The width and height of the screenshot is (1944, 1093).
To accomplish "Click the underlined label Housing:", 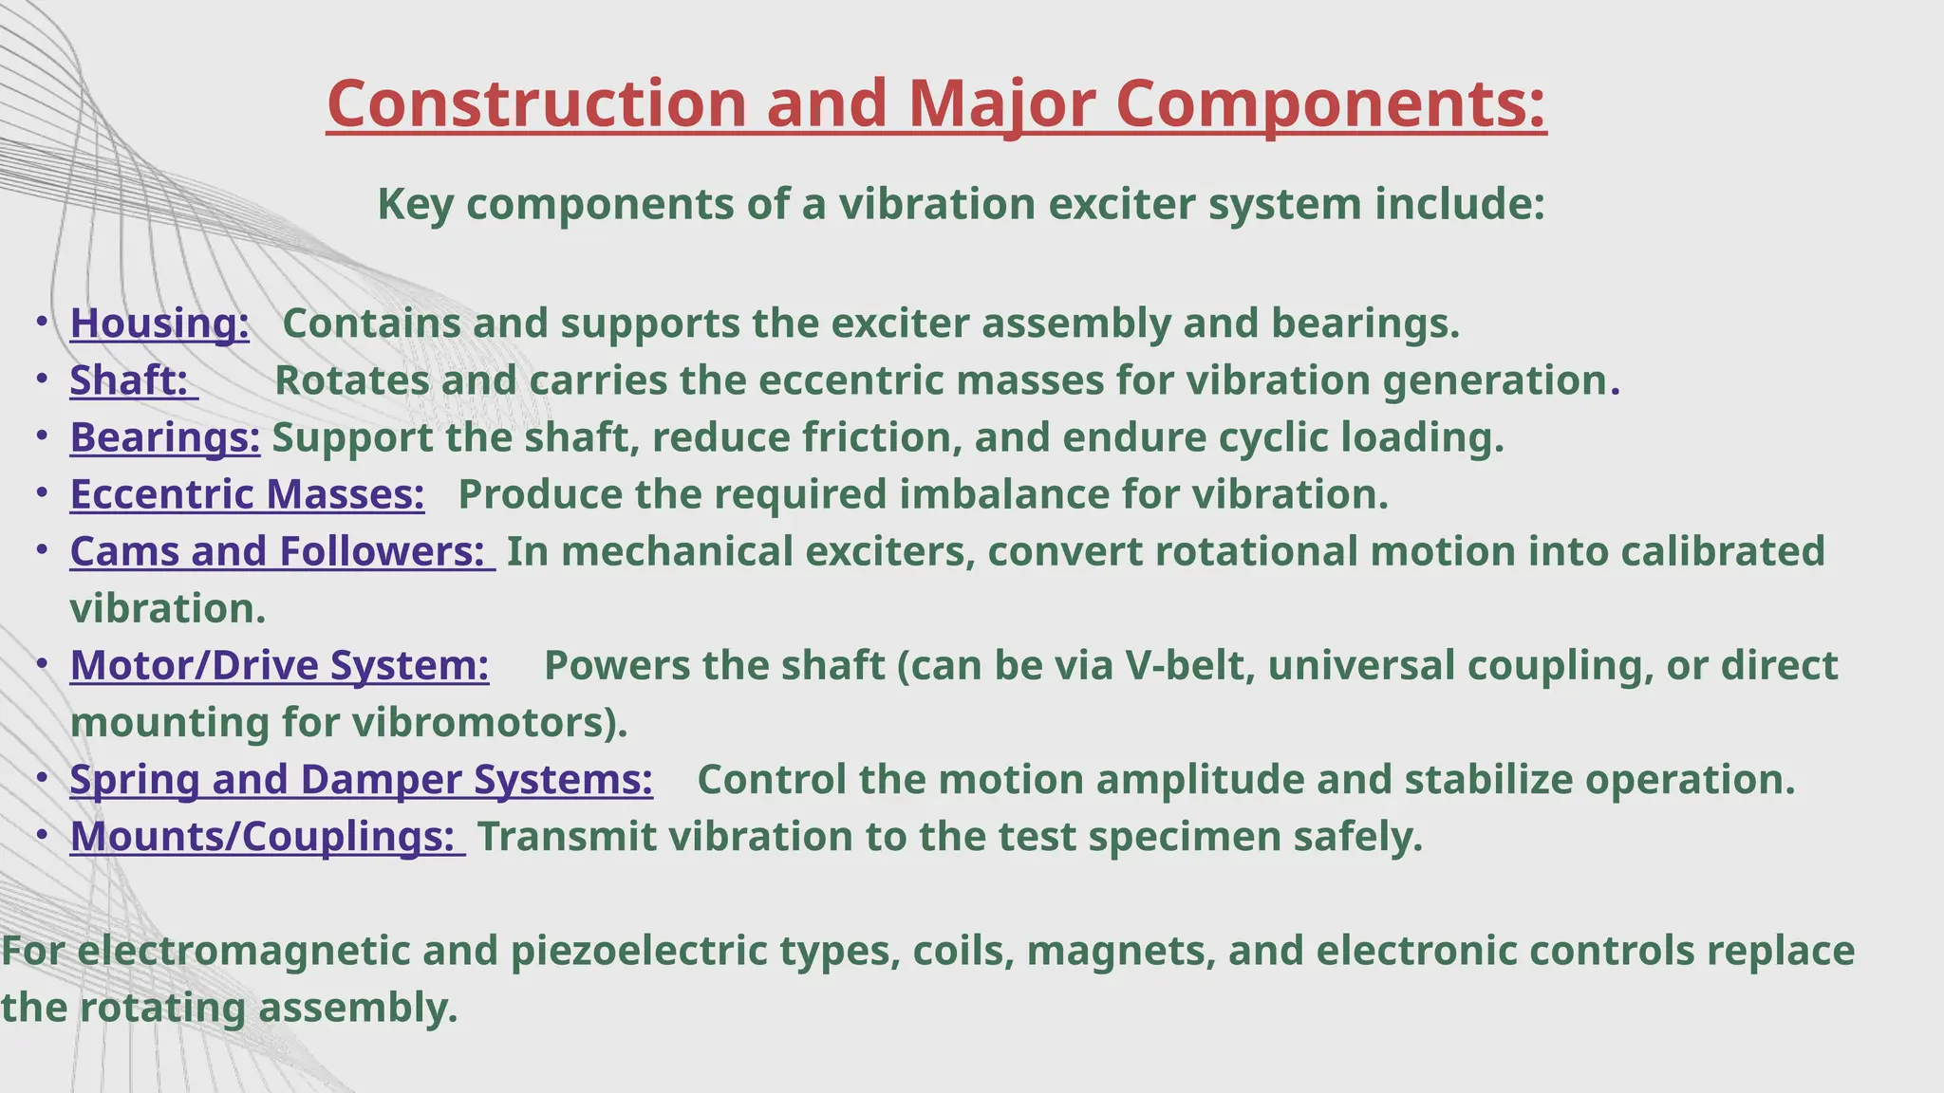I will [x=159, y=324].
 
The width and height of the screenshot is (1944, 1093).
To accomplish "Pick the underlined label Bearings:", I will [x=164, y=437].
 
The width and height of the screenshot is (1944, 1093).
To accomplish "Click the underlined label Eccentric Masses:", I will [x=247, y=494].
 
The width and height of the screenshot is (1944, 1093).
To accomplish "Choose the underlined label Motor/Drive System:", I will [x=279, y=665].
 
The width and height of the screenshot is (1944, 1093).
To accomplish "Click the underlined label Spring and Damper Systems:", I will [x=361, y=779].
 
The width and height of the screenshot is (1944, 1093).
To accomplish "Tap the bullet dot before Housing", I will [x=42, y=323].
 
